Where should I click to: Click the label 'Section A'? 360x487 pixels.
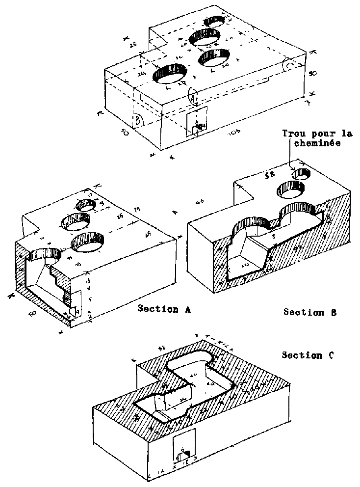tap(164, 309)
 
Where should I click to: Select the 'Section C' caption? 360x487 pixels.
tap(308, 355)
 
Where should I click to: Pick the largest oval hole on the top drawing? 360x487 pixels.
tap(170, 75)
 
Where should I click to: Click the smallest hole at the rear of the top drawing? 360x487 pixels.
tap(215, 21)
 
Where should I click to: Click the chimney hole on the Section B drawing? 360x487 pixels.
tap(301, 173)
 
